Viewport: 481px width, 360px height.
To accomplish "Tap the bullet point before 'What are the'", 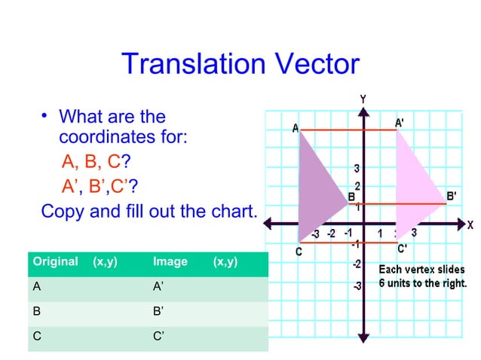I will pyautogui.click(x=45, y=116).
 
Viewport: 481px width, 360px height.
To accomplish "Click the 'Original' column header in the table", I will pyautogui.click(x=54, y=262).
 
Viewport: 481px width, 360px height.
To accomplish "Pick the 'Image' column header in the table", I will pyautogui.click(x=170, y=262).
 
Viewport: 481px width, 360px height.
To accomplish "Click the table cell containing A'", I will pyautogui.click(x=158, y=287).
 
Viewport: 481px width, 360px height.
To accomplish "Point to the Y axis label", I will pyautogui.click(x=363, y=99).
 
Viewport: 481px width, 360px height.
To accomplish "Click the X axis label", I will pyautogui.click(x=469, y=224).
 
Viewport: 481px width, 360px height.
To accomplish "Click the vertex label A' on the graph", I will pyautogui.click(x=403, y=122).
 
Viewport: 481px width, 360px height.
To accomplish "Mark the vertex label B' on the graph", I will pyautogui.click(x=451, y=196).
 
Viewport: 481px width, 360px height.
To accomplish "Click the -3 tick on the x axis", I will pyautogui.click(x=315, y=234).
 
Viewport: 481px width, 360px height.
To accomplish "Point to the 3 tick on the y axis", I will pyautogui.click(x=357, y=167).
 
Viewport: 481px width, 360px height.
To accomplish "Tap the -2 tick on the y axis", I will pyautogui.click(x=355, y=264).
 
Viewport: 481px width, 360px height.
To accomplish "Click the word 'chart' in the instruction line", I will pyautogui.click(x=231, y=210).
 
